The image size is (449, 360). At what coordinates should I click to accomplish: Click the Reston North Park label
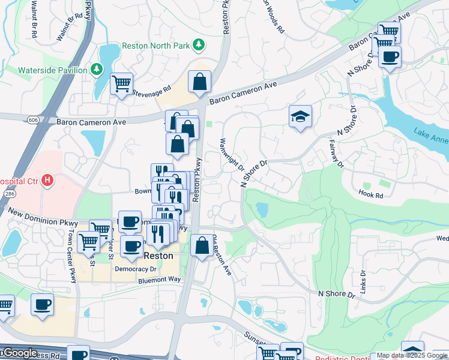click(155, 46)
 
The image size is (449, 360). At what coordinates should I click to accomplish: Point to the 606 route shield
click(33, 120)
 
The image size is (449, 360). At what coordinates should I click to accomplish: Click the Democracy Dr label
click(135, 269)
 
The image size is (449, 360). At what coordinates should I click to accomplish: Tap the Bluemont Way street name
click(159, 280)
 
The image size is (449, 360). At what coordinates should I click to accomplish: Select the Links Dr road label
click(364, 281)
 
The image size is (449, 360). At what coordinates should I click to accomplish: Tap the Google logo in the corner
click(19, 353)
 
